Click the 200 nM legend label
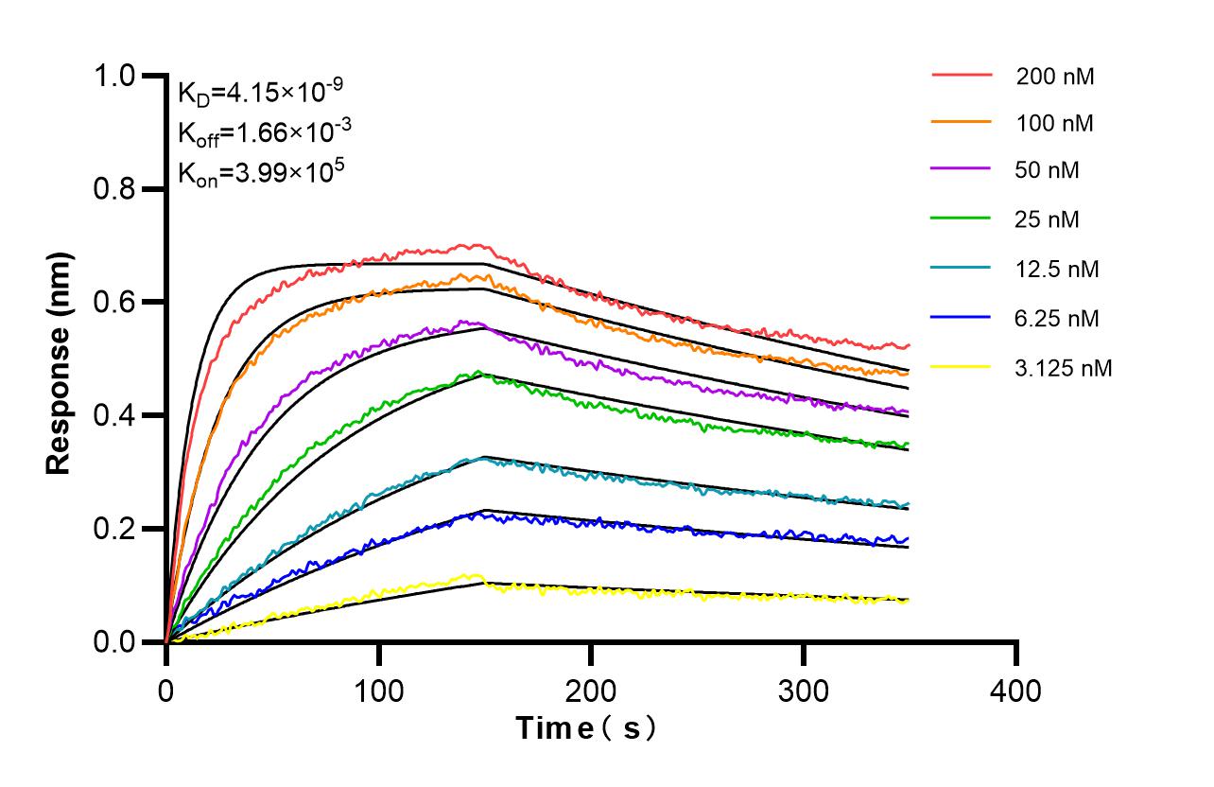pos(1055,77)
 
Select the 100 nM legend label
pos(1055,123)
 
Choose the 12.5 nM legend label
pos(1057,270)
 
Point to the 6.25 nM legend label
pos(1057,319)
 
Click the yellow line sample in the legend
pos(962,367)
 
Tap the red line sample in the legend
pos(962,74)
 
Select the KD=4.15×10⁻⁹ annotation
pos(260,92)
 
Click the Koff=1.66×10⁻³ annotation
pos(260,131)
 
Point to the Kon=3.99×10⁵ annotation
pos(260,172)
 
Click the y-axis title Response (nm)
pos(60,362)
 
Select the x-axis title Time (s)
pos(585,728)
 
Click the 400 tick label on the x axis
pos(1015,691)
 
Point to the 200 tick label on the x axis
pos(591,691)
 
